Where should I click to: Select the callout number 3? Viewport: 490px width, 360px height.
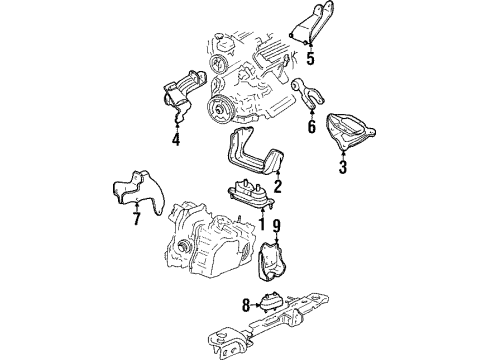point(342,166)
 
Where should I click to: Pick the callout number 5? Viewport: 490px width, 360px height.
point(310,58)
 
